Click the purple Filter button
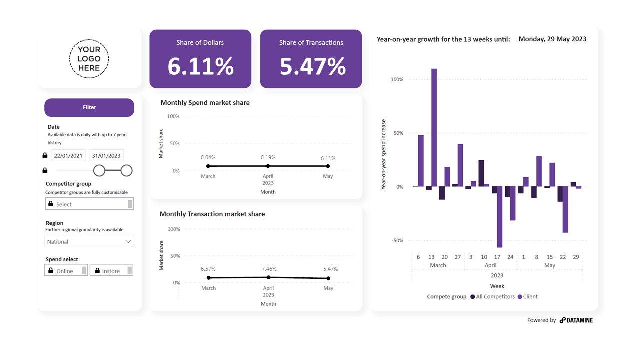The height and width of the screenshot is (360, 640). pyautogui.click(x=89, y=107)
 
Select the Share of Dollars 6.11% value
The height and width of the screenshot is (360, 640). pyautogui.click(x=200, y=66)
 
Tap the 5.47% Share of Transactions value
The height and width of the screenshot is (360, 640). pyautogui.click(x=312, y=66)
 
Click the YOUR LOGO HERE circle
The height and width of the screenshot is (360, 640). pyautogui.click(x=89, y=59)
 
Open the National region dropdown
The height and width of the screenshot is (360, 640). pyautogui.click(x=89, y=241)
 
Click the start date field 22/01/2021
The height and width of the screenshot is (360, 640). pyautogui.click(x=68, y=155)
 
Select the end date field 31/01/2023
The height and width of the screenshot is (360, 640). pyautogui.click(x=106, y=155)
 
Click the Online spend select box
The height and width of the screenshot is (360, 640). pyautogui.click(x=66, y=270)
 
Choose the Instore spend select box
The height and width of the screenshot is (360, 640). pyautogui.click(x=111, y=270)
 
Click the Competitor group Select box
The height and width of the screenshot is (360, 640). pyautogui.click(x=89, y=204)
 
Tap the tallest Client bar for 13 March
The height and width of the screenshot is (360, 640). pyautogui.click(x=434, y=128)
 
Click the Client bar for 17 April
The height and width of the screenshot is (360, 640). pyautogui.click(x=499, y=217)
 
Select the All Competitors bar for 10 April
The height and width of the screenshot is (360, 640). pyautogui.click(x=481, y=173)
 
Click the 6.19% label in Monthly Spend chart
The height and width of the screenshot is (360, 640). pyautogui.click(x=268, y=157)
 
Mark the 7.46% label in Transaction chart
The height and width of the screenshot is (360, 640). pyautogui.click(x=268, y=269)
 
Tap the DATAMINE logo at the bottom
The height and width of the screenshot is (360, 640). pyautogui.click(x=576, y=320)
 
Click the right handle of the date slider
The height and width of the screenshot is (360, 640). pyautogui.click(x=126, y=171)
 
